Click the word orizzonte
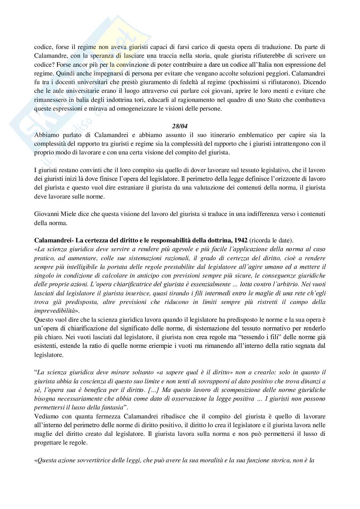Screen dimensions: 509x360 [280, 179]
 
